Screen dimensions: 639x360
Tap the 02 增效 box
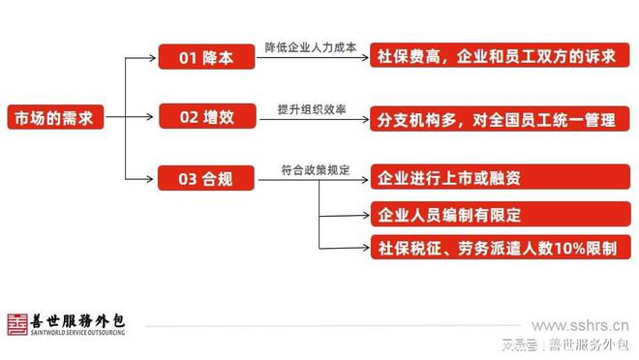pos(206,119)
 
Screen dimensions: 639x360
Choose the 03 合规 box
pos(206,180)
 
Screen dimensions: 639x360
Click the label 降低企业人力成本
pos(311,46)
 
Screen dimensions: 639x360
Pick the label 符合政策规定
pos(311,169)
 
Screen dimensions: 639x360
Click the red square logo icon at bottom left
pos(18,324)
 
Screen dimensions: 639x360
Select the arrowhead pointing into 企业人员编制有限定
pos(365,214)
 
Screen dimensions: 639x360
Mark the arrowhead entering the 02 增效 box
pos(154,119)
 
